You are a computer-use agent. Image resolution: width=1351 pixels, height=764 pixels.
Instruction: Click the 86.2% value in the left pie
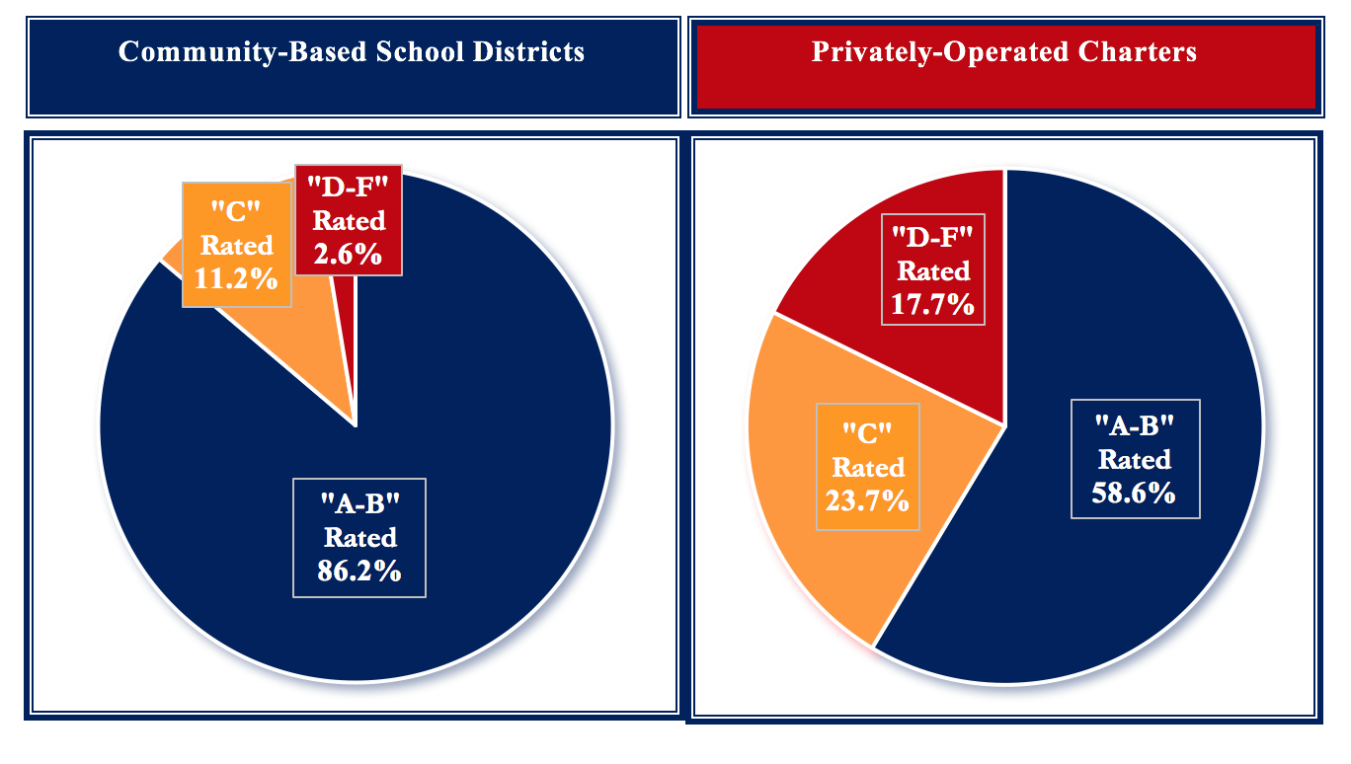(358, 571)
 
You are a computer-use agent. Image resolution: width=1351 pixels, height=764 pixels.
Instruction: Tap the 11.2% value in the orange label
(236, 279)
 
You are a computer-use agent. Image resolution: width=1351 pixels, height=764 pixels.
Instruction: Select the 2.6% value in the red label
(348, 254)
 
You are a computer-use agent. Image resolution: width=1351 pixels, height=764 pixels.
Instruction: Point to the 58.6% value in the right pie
(1134, 493)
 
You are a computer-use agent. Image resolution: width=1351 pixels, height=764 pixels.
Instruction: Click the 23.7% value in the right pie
(867, 500)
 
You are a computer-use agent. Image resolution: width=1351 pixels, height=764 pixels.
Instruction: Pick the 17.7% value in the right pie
(933, 303)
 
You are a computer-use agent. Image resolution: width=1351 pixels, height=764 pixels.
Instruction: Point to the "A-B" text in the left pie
(358, 503)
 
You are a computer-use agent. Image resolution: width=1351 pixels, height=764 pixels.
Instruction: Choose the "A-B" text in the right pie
(1134, 425)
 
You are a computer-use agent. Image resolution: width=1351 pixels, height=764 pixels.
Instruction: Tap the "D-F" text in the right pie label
(933, 236)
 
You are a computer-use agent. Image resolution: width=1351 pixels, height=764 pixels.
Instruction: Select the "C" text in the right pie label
(868, 432)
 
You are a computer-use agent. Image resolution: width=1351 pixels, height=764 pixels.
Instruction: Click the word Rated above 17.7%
(933, 270)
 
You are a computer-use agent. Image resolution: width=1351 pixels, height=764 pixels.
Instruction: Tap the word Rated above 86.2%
(359, 538)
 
